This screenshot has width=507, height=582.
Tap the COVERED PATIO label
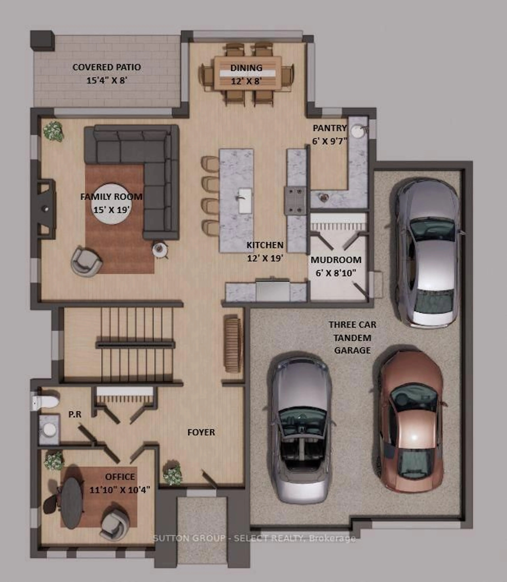[107, 67]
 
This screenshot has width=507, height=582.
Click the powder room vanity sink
[49, 429]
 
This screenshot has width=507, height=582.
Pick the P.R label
[75, 415]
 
